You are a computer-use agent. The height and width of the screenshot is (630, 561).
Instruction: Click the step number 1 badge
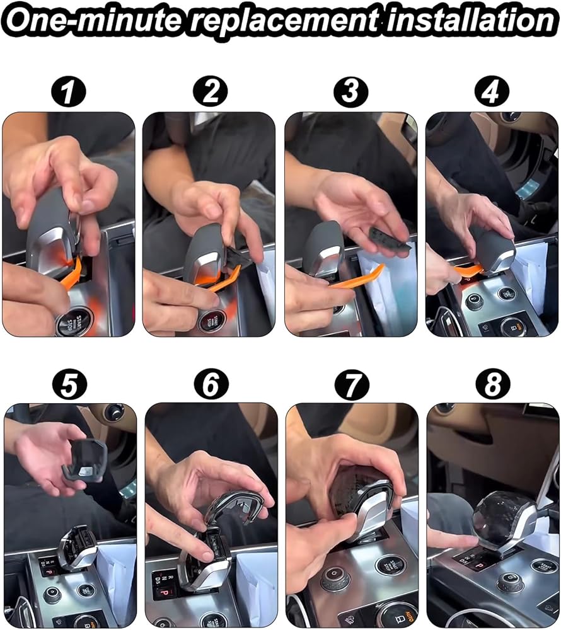tap(69, 92)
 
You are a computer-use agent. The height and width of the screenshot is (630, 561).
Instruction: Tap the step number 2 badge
tap(210, 91)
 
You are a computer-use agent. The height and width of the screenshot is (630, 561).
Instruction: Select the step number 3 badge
tap(351, 91)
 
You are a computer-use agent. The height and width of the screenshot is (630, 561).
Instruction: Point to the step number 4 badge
tap(492, 91)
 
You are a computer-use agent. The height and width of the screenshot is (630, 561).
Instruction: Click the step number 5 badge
tap(69, 384)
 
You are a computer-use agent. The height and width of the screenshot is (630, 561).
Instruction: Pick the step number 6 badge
tap(211, 384)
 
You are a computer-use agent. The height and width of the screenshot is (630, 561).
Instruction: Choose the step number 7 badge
tap(352, 384)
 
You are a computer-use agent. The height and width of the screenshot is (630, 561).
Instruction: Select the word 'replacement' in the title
tap(283, 21)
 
